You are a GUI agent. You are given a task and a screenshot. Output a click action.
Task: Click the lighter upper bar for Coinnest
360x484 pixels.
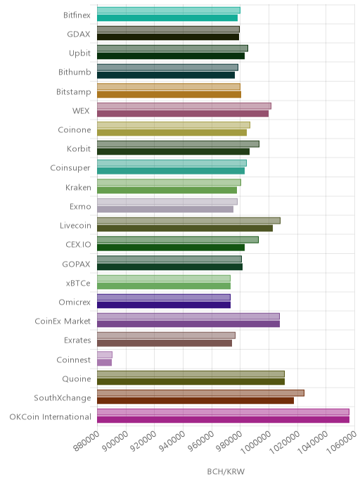pos(105,355)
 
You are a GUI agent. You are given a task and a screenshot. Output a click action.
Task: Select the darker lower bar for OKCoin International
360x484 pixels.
pos(223,419)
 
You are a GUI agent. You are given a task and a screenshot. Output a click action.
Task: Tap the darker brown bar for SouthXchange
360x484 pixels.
pos(195,401)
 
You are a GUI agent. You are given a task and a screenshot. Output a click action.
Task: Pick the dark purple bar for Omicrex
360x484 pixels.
pos(164,305)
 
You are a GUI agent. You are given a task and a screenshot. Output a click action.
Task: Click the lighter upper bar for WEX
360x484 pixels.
pos(184,106)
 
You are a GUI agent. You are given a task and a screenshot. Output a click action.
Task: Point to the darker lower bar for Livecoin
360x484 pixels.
pos(185,229)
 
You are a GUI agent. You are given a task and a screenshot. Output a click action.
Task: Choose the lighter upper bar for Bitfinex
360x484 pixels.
pos(169,10)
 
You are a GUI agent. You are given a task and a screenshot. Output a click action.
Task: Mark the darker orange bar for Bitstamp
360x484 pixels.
pos(169,94)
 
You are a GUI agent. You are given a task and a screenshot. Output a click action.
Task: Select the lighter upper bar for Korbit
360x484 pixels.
pos(178,144)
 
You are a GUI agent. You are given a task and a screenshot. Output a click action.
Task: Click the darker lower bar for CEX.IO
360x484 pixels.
pos(171,248)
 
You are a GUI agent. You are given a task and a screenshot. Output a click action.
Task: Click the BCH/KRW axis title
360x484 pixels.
pos(226,471)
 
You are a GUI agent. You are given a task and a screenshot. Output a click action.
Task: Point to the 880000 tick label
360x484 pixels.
pos(86,441)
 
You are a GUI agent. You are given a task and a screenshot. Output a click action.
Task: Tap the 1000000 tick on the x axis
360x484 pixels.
pos(256,442)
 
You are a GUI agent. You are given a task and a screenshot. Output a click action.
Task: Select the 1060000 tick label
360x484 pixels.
pos(342,442)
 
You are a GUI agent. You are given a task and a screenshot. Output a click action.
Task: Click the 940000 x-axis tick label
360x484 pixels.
pos(172,441)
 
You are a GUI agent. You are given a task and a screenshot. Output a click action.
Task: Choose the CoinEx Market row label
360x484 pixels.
pos(63,321)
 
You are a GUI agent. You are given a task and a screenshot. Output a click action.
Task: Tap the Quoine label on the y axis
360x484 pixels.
pos(77,378)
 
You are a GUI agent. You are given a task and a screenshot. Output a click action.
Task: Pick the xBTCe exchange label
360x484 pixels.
pos(78,283)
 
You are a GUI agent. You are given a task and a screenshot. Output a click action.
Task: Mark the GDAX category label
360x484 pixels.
pos(79,34)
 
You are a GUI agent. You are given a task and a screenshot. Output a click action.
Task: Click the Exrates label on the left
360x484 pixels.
pos(77,340)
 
